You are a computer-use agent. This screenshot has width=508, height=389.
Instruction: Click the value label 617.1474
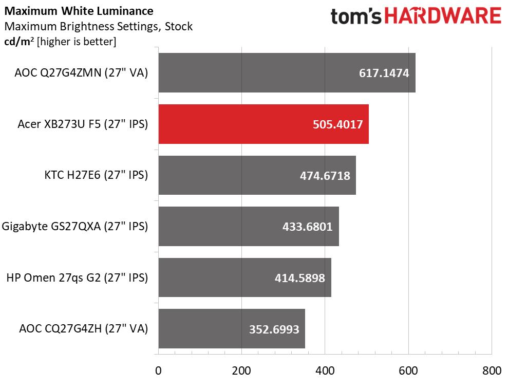(384, 73)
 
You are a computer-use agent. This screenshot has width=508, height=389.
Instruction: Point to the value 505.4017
(337, 124)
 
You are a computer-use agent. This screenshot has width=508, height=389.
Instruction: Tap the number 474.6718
(325, 176)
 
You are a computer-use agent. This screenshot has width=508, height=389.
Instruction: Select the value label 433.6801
(307, 227)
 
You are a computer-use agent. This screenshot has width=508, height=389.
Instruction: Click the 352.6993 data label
(274, 329)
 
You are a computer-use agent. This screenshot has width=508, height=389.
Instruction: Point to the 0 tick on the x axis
(158, 371)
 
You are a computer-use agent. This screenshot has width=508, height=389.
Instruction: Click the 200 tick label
(241, 371)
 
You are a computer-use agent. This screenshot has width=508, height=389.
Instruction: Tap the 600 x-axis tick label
(408, 371)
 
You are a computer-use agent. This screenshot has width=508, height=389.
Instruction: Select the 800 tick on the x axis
(492, 371)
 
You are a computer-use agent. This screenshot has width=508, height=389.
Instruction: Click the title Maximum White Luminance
(78, 11)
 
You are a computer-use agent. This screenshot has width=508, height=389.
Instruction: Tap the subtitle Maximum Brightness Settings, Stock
(98, 26)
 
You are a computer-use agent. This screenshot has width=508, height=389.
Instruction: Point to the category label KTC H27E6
(96, 175)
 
